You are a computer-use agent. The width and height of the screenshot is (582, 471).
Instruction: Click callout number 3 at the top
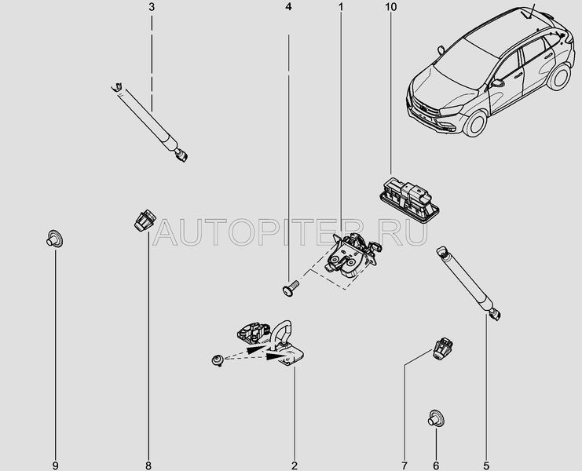click(x=152, y=7)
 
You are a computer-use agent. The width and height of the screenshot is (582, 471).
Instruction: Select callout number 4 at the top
click(x=288, y=7)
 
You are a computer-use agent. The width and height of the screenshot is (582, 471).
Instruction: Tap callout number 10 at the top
click(x=390, y=7)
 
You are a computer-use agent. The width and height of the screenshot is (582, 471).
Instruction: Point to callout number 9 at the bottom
click(x=55, y=466)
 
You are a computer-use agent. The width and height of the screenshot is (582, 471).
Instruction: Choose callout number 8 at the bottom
click(x=148, y=466)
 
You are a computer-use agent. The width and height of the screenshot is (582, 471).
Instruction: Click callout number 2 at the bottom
click(x=295, y=466)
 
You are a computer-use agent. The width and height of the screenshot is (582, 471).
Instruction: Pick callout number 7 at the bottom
click(x=404, y=466)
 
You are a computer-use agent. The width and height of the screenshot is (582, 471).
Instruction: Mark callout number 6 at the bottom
click(x=436, y=466)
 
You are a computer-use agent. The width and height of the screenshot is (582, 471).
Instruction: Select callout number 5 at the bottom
click(x=486, y=466)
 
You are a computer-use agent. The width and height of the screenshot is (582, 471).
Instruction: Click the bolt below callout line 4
click(x=291, y=288)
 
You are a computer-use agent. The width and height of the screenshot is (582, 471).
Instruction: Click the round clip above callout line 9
click(x=54, y=239)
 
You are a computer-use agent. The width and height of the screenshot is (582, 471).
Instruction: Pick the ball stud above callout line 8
click(x=145, y=221)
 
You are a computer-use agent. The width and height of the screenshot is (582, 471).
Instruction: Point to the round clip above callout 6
click(x=436, y=418)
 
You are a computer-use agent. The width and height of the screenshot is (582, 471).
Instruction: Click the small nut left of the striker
click(x=218, y=360)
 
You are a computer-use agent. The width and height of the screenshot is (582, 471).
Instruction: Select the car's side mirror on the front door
click(x=496, y=83)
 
